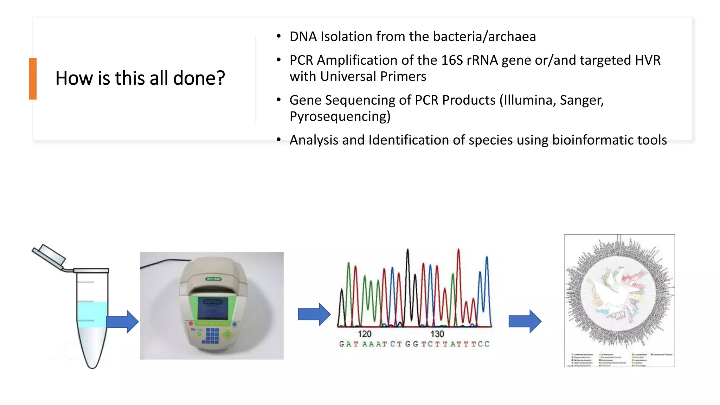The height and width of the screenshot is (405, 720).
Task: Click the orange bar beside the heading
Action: tap(33, 78)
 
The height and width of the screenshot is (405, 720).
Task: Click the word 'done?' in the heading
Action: tap(199, 78)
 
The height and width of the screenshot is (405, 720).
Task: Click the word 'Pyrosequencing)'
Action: tap(340, 116)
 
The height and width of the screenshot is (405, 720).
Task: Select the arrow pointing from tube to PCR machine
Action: tap(122, 321)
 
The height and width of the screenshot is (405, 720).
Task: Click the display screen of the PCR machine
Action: tap(213, 308)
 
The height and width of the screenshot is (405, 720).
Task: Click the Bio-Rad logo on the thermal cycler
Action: tap(213, 279)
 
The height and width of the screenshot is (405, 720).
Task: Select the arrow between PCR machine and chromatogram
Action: tap(314, 314)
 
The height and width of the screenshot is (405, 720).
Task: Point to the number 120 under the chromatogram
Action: tap(364, 334)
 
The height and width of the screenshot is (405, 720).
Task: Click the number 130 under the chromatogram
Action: tap(437, 334)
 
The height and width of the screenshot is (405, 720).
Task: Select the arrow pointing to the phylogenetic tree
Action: tap(525, 321)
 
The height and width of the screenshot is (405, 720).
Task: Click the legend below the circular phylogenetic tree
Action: tap(619, 360)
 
